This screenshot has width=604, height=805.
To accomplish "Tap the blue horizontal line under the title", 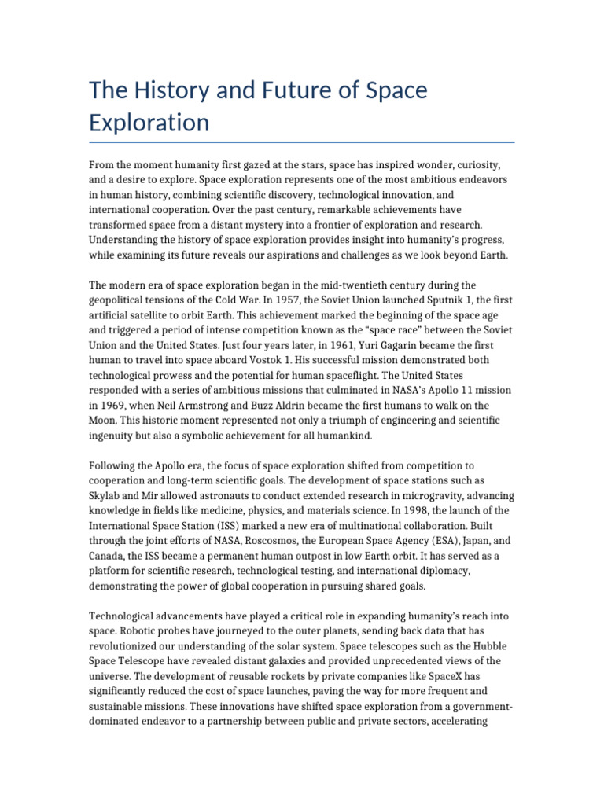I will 302,142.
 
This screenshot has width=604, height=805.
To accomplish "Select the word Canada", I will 108,557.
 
